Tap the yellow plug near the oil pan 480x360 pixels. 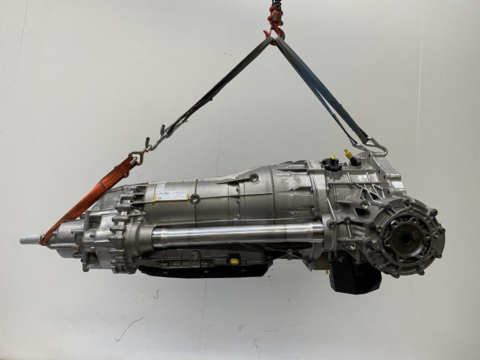coord(234,261)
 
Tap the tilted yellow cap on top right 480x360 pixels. coord(348,152)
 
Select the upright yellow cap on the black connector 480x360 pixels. coord(332,157)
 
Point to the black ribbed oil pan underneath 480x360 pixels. coord(205,270)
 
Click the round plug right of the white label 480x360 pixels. coord(194,198)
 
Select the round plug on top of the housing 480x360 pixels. coord(254,177)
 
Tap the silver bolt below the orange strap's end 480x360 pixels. coord(75,248)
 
